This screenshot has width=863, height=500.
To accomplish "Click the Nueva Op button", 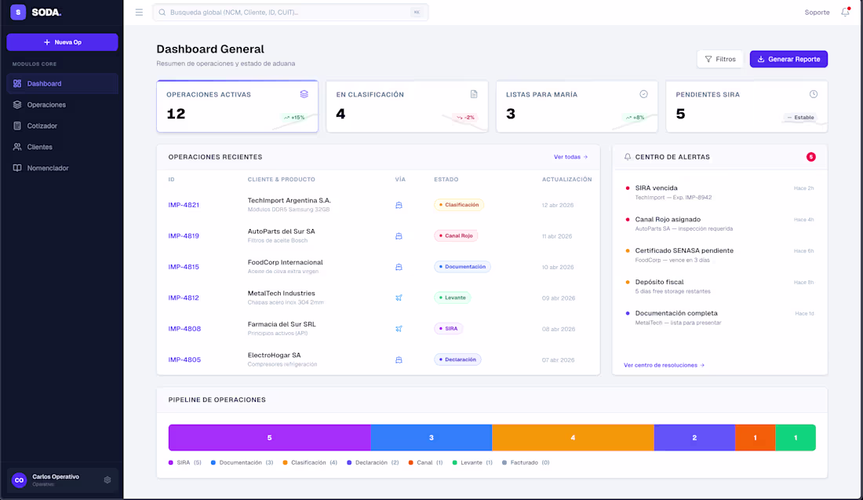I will (x=62, y=42).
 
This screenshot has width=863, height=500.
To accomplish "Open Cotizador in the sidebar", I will (x=42, y=126).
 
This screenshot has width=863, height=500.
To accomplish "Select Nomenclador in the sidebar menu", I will (x=47, y=168).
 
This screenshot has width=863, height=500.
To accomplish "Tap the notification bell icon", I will (x=845, y=13).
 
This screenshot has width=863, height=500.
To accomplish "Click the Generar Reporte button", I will (x=788, y=59).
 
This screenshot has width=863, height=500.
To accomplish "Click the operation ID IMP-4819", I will (x=184, y=235).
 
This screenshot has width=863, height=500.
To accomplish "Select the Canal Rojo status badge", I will (x=456, y=235).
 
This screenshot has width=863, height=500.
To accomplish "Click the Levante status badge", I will (x=452, y=297).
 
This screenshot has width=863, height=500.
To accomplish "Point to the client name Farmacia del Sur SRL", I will (x=282, y=323).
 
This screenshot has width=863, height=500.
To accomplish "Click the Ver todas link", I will (x=570, y=157).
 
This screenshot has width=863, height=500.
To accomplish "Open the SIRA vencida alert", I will (x=656, y=188).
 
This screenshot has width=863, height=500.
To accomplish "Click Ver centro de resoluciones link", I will (x=664, y=365).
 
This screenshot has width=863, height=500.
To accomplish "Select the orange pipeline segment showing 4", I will (x=573, y=437).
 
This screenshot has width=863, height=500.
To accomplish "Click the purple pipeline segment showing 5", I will (x=269, y=437).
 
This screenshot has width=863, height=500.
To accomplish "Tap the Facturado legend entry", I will (x=526, y=462).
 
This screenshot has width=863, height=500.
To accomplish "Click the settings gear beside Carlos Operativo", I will (x=107, y=480).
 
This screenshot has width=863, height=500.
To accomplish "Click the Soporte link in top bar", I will (x=817, y=13).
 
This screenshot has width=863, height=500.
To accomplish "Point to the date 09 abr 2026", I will (x=558, y=298).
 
